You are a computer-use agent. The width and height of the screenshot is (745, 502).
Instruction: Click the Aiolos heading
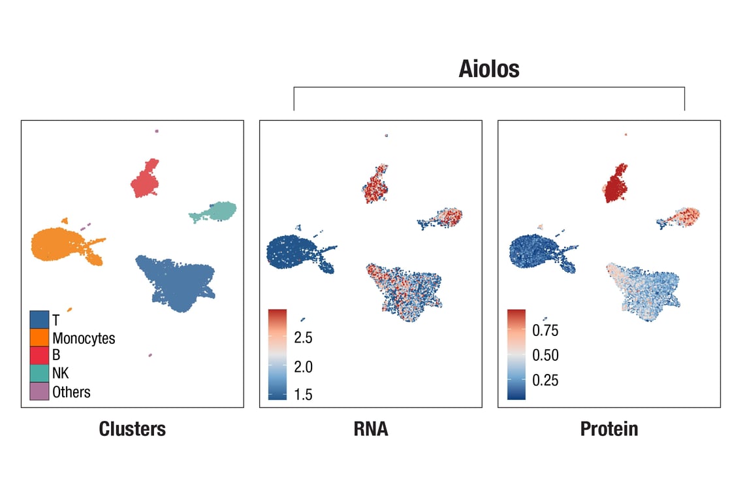[488, 69]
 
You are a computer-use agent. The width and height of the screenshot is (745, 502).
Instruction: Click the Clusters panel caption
[132, 429]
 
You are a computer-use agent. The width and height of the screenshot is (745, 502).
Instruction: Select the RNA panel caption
[370, 429]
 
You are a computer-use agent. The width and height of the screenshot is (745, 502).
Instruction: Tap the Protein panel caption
[609, 429]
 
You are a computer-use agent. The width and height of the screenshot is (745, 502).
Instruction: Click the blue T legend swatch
[39, 320]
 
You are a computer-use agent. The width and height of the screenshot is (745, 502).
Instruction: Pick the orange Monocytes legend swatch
[39, 338]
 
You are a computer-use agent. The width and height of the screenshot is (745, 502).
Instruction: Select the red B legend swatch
[39, 356]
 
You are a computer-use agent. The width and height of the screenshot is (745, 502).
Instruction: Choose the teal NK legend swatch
[39, 373]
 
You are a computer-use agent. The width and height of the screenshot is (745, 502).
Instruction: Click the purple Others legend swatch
[39, 392]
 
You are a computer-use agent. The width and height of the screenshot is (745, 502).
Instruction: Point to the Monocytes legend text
[84, 339]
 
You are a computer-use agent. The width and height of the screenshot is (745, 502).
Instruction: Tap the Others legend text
[71, 392]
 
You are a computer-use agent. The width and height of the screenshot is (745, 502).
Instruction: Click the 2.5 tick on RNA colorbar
[303, 338]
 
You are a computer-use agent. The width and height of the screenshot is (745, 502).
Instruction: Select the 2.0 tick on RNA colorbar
[303, 367]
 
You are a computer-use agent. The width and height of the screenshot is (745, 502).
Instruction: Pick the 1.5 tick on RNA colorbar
[303, 394]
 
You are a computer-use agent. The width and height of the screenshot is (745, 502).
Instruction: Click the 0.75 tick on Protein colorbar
[545, 331]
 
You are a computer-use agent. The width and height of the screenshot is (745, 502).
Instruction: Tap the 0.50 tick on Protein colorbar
[545, 356]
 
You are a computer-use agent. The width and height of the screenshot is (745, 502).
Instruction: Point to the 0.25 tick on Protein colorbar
[545, 380]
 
